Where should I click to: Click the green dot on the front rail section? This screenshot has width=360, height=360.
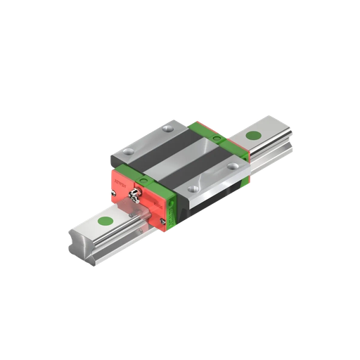pyautogui.click(x=106, y=223)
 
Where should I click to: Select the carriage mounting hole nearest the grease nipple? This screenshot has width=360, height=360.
pyautogui.click(x=126, y=154)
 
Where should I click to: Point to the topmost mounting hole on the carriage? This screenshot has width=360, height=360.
pyautogui.click(x=167, y=128)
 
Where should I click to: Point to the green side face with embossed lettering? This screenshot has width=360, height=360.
pyautogui.click(x=244, y=173)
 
